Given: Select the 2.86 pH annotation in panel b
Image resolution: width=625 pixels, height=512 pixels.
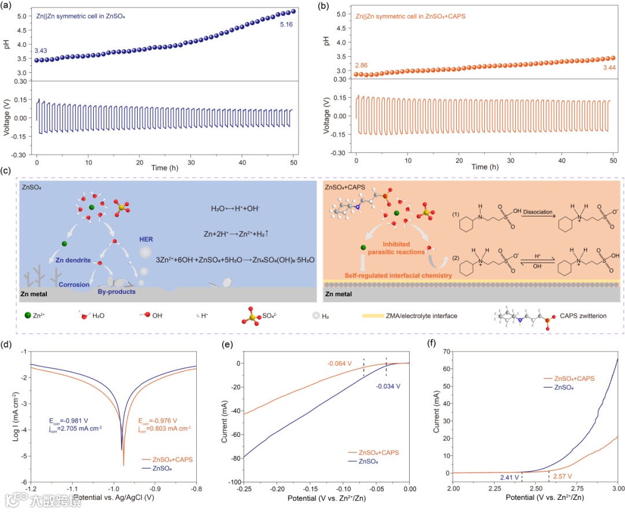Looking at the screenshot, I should [361, 66].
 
